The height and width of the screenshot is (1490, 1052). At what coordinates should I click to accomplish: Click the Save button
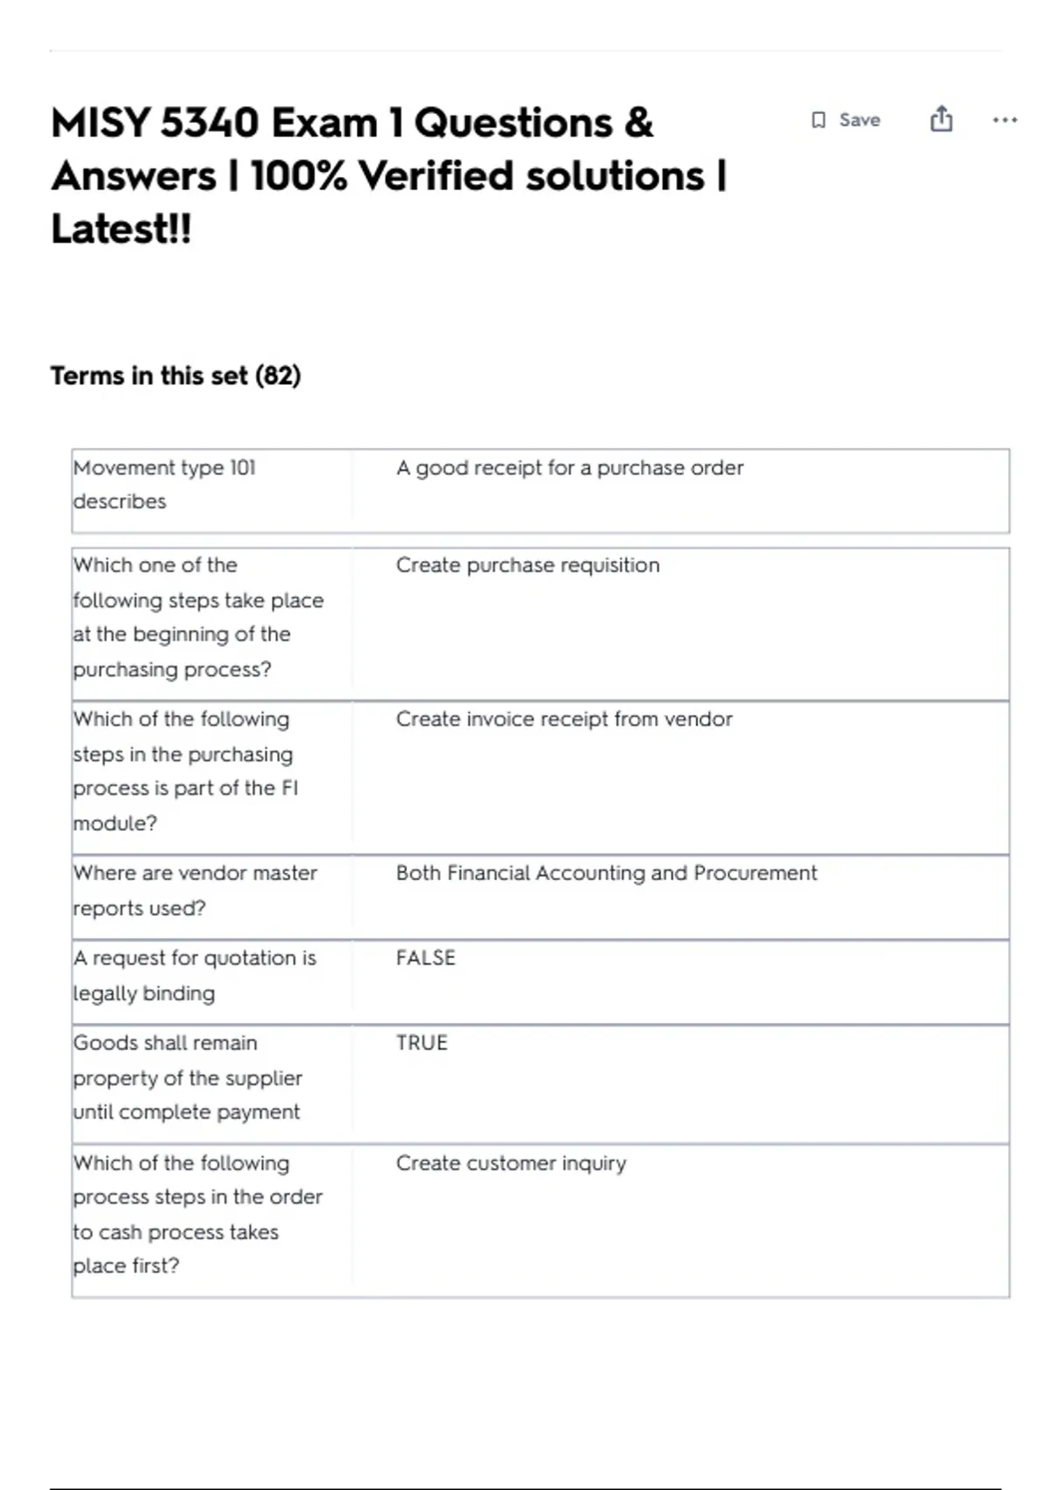click(847, 120)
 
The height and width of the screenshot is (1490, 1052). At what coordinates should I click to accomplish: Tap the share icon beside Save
click(942, 118)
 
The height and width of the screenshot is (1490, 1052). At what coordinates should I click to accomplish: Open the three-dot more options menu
click(1005, 120)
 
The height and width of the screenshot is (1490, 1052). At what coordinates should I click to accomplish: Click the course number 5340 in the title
click(210, 123)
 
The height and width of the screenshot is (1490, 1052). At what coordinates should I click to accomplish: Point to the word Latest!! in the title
click(121, 230)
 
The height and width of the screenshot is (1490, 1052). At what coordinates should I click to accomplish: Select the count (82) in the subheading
click(278, 376)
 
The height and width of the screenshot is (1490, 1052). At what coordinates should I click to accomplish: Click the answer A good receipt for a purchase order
click(570, 468)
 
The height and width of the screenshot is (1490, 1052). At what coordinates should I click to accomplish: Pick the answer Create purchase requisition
click(528, 565)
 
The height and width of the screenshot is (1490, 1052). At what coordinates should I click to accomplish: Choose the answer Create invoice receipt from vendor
click(564, 720)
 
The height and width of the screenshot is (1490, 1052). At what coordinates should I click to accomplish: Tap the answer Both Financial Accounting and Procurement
click(606, 873)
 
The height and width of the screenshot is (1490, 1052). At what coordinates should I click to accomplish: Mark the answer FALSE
click(426, 958)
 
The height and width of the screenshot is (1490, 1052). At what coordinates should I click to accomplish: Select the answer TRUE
click(422, 1043)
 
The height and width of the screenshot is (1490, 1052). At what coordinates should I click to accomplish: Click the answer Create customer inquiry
click(511, 1163)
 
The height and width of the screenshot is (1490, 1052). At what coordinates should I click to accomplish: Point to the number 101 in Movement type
click(243, 468)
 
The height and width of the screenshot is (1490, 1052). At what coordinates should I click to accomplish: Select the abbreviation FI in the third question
click(289, 789)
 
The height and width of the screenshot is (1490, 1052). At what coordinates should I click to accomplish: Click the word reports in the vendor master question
click(110, 909)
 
